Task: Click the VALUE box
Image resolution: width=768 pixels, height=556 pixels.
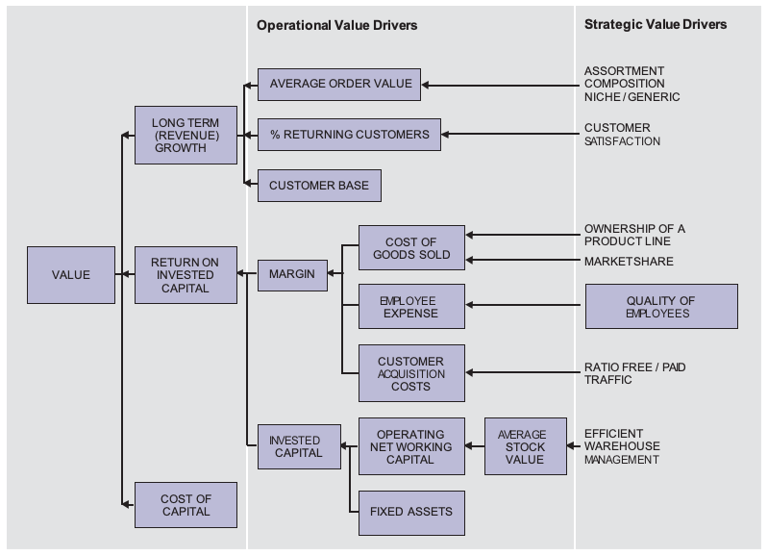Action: (x=71, y=275)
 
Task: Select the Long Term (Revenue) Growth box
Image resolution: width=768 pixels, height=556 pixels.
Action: (x=186, y=135)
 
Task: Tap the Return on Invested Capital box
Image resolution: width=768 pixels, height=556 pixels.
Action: (x=186, y=275)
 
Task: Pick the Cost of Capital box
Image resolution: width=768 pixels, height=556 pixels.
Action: (x=186, y=505)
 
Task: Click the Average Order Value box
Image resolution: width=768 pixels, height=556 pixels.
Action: (x=339, y=85)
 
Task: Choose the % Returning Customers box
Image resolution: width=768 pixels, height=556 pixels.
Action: (x=349, y=135)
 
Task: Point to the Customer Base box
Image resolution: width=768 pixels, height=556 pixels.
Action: (x=319, y=186)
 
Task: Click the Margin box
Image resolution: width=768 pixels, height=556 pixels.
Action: (x=292, y=275)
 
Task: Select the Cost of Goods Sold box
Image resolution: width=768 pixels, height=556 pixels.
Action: (x=411, y=247)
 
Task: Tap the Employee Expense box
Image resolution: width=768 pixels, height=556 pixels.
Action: (x=411, y=307)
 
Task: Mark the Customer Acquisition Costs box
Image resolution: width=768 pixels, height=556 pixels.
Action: (x=411, y=373)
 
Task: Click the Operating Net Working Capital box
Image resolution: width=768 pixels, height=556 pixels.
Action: (x=411, y=446)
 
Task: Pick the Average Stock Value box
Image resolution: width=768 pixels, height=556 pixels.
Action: (x=526, y=446)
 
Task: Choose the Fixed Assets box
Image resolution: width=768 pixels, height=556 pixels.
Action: (x=411, y=513)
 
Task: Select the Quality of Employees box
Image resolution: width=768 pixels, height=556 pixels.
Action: (x=661, y=307)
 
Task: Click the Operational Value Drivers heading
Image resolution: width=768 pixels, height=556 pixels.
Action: (x=337, y=26)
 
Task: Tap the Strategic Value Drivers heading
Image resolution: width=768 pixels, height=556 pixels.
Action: (x=656, y=24)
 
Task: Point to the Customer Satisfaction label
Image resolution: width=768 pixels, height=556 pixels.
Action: (x=622, y=135)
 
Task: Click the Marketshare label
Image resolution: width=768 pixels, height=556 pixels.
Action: (x=629, y=262)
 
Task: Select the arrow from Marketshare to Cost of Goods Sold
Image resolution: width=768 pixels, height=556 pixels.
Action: (x=523, y=260)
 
